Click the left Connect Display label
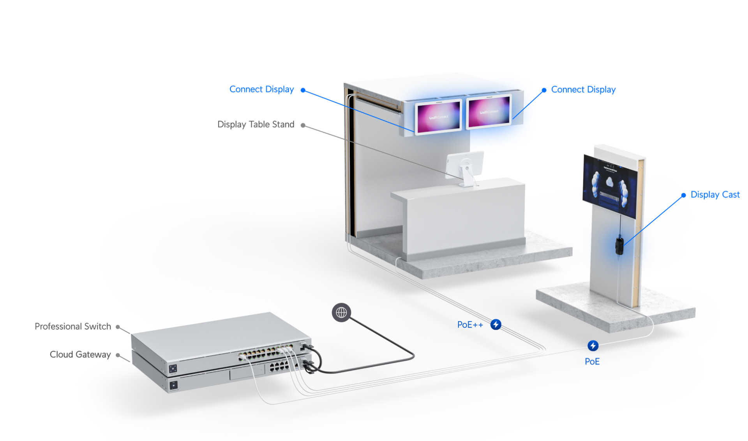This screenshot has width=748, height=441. click(x=261, y=90)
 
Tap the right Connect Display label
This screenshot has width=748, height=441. click(x=583, y=90)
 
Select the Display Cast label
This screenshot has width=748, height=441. click(x=715, y=195)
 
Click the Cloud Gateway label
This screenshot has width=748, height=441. click(x=80, y=355)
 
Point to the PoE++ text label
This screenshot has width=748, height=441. click(x=470, y=325)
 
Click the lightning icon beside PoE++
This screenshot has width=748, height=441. click(x=496, y=324)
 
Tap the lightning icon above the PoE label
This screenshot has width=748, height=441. click(x=593, y=346)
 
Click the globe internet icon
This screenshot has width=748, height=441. click(x=341, y=312)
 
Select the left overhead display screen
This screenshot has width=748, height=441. click(x=438, y=116)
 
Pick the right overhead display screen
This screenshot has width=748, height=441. click(x=489, y=112)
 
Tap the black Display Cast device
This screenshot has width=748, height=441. click(x=619, y=245)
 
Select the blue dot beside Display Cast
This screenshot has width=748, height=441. click(x=684, y=195)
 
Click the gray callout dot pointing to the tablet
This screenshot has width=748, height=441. click(x=303, y=125)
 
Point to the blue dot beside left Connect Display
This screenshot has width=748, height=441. click(x=303, y=90)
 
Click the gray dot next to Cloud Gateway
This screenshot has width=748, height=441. click(x=118, y=355)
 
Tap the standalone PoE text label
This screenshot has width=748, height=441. click(x=592, y=362)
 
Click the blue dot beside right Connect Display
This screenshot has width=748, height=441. click(x=544, y=90)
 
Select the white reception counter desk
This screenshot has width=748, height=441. click(x=464, y=218)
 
